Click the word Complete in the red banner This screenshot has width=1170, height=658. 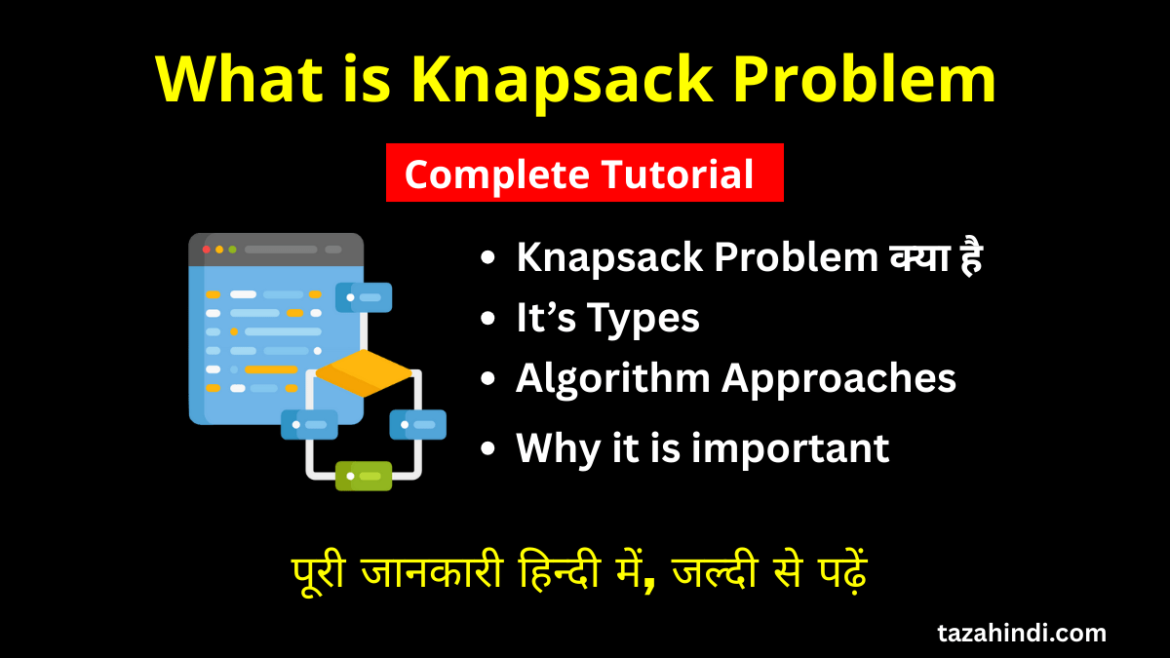click(x=496, y=175)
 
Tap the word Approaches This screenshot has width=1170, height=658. click(x=838, y=380)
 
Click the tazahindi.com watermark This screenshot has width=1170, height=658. click(x=1022, y=633)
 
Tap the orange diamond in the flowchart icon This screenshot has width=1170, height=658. click(x=365, y=372)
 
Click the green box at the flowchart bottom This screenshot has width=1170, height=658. click(x=364, y=476)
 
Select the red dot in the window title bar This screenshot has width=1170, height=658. click(x=207, y=250)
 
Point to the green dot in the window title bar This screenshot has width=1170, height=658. click(x=232, y=250)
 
